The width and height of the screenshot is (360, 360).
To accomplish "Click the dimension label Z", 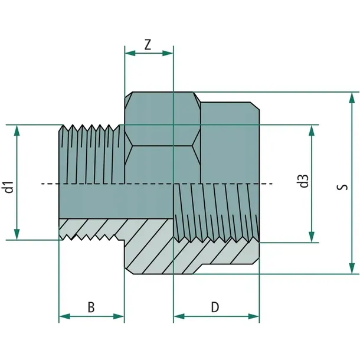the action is pos(148,44).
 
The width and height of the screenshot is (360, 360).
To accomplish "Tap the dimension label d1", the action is pos(9,187).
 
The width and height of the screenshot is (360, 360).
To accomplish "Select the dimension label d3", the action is pos(304,181).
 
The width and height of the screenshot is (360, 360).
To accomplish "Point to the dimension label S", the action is pos(342,187).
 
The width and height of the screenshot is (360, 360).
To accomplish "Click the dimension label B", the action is pos(91,307).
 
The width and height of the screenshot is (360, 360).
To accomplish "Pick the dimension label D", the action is pos(215,307).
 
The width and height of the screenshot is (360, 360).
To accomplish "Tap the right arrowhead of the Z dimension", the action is pos(168,53).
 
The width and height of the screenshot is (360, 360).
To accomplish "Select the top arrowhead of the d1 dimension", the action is pos(17,130).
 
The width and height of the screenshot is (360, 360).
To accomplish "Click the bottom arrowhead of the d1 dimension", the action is pos(17,234).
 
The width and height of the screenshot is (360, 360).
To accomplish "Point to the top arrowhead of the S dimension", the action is pos(352,98).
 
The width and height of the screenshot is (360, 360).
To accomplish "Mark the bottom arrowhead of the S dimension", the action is pos(352,268).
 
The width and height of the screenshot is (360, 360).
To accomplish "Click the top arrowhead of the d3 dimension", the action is pos(312,131).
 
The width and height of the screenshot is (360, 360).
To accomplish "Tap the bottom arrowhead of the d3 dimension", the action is pos(312,237).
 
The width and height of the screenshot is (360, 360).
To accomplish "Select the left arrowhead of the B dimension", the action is pos(64,316).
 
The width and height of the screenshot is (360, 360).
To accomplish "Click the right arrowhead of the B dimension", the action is pos(119,316).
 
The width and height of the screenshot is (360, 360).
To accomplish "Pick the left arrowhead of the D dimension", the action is pos(179,316).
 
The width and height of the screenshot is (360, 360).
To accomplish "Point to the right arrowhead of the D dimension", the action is pos(254,316).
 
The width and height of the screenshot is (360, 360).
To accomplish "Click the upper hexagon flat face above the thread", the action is pos(162,119).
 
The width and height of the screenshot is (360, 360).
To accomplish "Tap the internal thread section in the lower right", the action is pos(216,212).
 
